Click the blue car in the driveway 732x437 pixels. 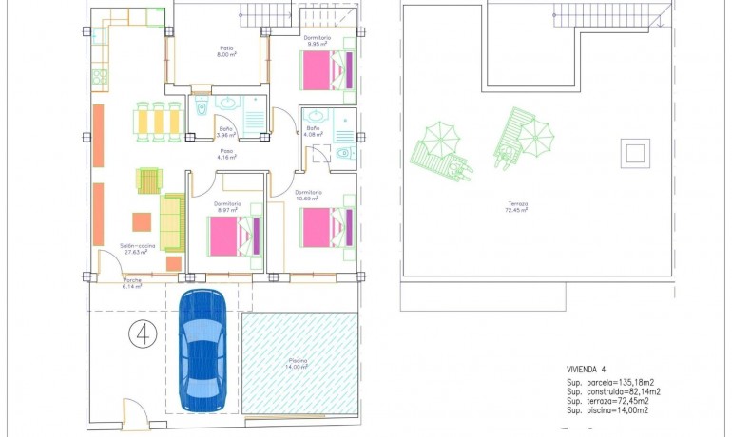click(203, 348)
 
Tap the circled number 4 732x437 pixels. click(142, 333)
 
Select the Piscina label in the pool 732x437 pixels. click(299, 363)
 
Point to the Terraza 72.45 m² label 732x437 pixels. click(517, 206)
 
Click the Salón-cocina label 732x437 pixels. click(137, 248)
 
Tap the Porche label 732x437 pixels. click(132, 282)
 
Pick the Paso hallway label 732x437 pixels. click(226, 152)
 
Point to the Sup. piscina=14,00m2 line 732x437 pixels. click(607, 410)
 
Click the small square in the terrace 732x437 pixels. click(634, 151)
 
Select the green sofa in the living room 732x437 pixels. click(171, 221)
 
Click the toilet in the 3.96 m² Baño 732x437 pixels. click(202, 111)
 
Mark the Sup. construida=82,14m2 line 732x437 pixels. click(613, 391)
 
